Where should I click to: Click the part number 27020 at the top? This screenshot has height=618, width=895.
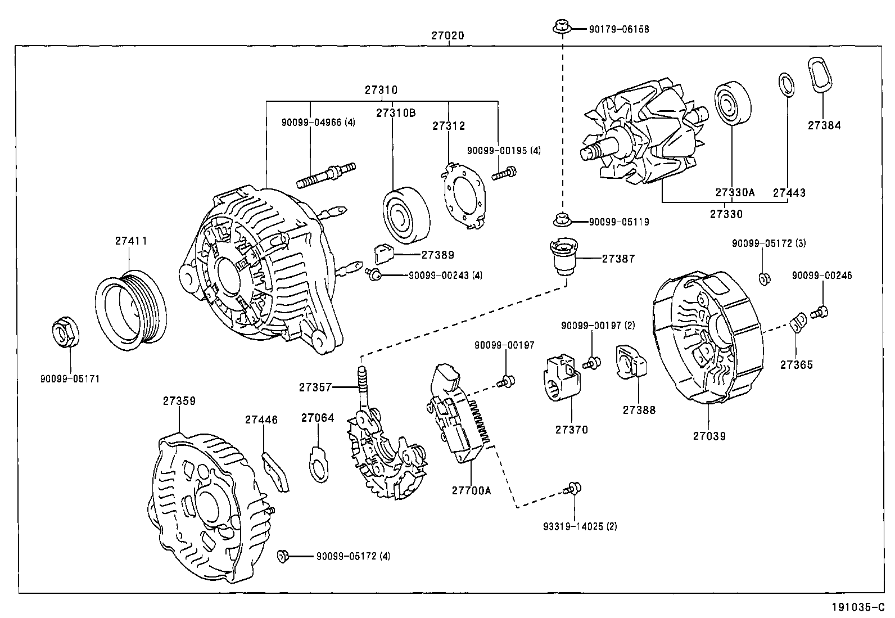447,35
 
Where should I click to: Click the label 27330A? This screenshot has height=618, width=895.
734,192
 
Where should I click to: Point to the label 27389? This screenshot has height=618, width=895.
437,255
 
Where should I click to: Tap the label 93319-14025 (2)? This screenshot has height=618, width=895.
580,527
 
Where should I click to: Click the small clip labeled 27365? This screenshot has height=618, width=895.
798,325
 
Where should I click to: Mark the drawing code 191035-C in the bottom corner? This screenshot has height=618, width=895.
861,607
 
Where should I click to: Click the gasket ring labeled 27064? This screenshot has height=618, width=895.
319,464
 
